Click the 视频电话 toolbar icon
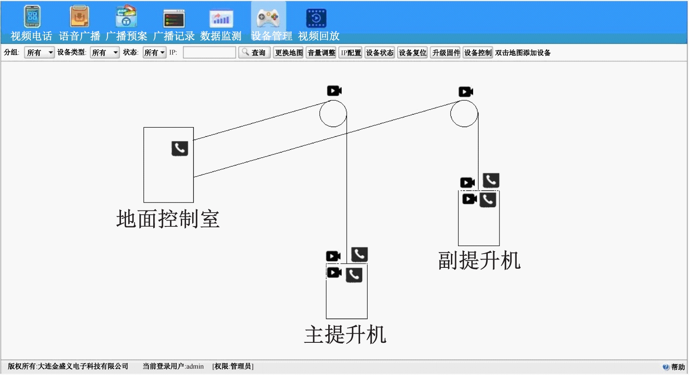tap(32, 16)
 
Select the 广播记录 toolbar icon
tap(174, 18)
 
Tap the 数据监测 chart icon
tap(221, 18)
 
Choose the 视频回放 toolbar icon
tap(316, 18)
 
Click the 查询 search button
tap(255, 53)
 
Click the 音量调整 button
tap(321, 53)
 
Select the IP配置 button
tap(350, 53)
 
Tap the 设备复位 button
tap(412, 53)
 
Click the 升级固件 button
tap(445, 53)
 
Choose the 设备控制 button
tap(478, 53)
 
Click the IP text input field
tap(209, 53)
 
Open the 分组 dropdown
tap(39, 53)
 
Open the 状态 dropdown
tap(154, 53)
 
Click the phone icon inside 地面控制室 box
tap(180, 149)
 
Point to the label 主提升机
tap(345, 335)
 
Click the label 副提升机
tap(479, 261)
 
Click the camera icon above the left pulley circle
tap(334, 91)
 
